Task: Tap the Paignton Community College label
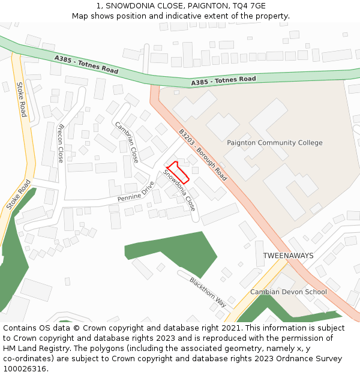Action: point(274,143)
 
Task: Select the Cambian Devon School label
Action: point(289,292)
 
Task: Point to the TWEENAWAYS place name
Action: point(288,256)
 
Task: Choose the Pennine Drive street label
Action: point(136,191)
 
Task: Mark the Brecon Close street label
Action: point(60,143)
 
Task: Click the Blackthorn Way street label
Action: point(208,292)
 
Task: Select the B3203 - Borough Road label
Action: point(203,155)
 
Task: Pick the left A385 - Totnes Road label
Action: point(86,65)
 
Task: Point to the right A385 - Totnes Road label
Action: point(223,80)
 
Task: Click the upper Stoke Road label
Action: point(22,99)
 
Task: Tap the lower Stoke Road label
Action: point(18,195)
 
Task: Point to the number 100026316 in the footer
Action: point(25,368)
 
